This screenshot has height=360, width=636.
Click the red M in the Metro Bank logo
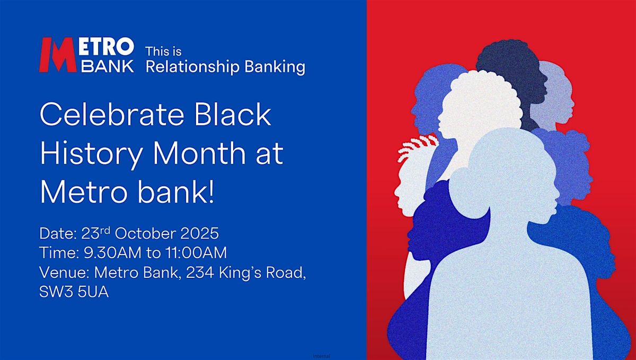click(58, 55)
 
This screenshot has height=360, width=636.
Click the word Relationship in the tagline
click(192, 67)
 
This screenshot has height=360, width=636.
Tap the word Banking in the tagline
click(275, 67)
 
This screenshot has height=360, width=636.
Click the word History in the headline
click(91, 154)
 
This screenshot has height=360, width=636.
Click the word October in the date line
click(145, 234)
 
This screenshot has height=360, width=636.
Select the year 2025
click(200, 234)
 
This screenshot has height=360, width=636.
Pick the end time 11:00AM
click(196, 253)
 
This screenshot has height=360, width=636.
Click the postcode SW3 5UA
click(74, 292)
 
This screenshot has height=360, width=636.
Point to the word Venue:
click(65, 273)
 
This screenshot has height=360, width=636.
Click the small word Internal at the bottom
click(321, 356)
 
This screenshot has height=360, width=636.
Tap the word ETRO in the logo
click(106, 47)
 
